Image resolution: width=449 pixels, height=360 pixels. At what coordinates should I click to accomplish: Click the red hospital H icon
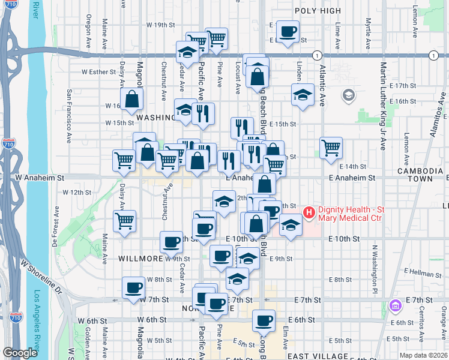point(309,212)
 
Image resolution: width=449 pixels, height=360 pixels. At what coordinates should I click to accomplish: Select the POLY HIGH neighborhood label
point(318,11)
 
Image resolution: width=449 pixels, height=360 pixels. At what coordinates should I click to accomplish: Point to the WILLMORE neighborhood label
point(139,259)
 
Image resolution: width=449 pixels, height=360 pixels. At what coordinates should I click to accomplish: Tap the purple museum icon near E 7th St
point(395,307)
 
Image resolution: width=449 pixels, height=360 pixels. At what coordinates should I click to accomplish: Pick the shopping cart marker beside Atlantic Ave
point(331,147)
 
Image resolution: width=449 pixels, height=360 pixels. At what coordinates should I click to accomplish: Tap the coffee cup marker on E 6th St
point(264,320)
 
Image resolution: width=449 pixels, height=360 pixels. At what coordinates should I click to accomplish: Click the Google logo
point(20,353)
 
